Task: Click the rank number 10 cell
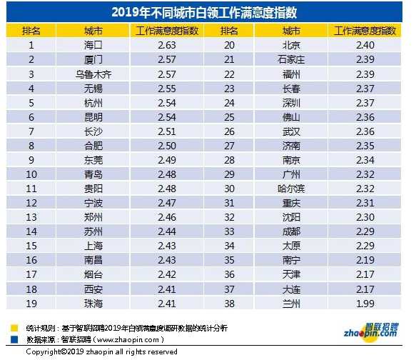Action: click(x=31, y=174)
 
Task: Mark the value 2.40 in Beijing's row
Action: click(x=365, y=45)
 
